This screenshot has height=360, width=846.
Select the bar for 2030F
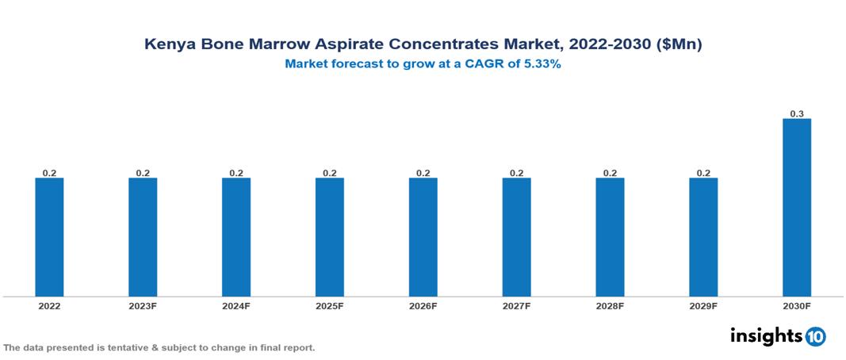click(797, 207)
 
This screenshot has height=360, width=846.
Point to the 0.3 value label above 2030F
click(797, 114)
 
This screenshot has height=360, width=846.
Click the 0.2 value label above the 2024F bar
click(236, 173)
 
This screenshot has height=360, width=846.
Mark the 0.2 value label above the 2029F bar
click(703, 173)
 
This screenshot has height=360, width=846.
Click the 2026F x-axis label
click(423, 306)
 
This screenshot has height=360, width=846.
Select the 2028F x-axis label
click(610, 306)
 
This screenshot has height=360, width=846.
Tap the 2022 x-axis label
click(49, 306)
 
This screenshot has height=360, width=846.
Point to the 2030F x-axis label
click(797, 306)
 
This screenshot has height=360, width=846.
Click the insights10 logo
click(778, 336)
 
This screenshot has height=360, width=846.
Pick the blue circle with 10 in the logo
click(815, 337)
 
